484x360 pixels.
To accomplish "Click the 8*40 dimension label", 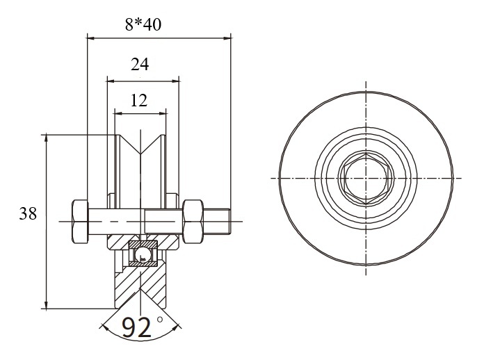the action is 143,24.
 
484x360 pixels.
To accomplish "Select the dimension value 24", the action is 140,64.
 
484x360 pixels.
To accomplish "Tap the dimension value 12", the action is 139,100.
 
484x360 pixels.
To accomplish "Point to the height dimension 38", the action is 28,213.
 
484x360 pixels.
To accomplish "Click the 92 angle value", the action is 136,327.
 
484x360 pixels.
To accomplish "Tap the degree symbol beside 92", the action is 159,319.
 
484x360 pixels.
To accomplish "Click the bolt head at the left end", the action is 80,222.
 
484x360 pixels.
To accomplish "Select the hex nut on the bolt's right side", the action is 193,222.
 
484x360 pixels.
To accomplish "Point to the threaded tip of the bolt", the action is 216,222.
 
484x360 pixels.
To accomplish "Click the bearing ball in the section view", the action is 143,254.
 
